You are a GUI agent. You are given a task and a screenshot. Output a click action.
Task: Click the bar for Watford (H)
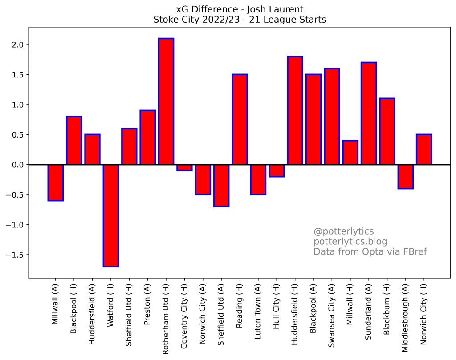(111, 215)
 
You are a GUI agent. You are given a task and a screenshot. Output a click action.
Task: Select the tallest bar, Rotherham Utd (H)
(166, 101)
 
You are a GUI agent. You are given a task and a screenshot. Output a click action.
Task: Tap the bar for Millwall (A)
(56, 182)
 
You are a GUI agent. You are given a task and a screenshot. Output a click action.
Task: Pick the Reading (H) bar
(240, 119)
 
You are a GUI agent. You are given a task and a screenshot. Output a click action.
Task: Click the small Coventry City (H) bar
(184, 168)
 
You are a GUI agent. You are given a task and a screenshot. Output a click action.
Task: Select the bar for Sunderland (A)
(369, 113)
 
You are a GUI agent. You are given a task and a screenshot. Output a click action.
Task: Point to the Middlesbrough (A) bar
(406, 177)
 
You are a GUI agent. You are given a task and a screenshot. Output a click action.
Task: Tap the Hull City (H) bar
(277, 170)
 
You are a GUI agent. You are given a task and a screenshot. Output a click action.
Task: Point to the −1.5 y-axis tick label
(17, 255)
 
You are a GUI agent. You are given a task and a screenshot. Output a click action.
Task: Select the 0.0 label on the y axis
(20, 165)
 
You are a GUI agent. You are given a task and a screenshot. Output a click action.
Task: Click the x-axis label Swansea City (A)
(332, 316)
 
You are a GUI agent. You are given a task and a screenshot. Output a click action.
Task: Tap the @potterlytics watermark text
(343, 231)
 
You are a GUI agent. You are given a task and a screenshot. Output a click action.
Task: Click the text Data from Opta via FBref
(370, 252)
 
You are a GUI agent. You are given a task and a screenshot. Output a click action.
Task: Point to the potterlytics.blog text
(350, 242)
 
